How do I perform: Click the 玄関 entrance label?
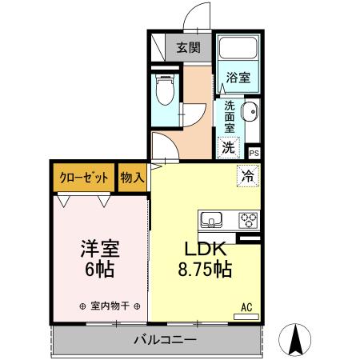click(x=188, y=47)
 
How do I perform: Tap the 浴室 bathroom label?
click(x=238, y=78)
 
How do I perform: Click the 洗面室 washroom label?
click(x=229, y=116)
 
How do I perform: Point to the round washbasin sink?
click(x=249, y=111)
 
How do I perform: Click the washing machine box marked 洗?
click(x=228, y=147)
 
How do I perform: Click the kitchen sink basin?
click(x=213, y=218)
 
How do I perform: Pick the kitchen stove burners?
click(x=246, y=218)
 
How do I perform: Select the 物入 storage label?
click(x=132, y=178)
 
